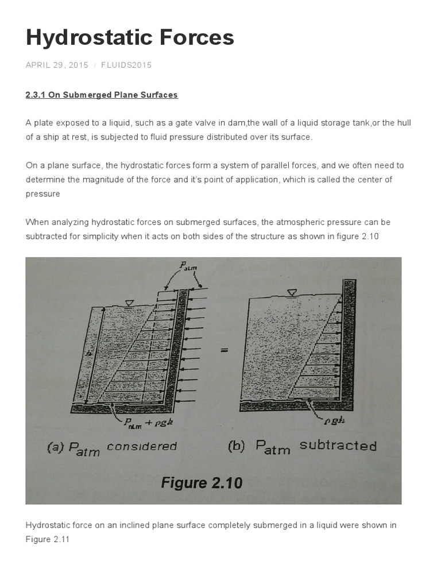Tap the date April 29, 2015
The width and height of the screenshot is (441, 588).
(57, 65)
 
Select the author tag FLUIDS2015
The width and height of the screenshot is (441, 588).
(126, 65)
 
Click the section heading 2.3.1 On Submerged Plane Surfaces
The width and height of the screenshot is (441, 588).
(102, 95)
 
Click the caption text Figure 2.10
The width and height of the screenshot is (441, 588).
(202, 483)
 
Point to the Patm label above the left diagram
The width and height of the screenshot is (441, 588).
(188, 266)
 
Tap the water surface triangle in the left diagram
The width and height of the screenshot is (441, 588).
(129, 303)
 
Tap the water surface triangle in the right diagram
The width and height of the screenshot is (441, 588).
(292, 293)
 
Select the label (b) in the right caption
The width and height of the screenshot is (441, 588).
(237, 446)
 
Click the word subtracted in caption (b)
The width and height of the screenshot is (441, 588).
(338, 446)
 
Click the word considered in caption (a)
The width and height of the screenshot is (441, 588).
(142, 447)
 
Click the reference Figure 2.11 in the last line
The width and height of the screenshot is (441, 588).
(48, 540)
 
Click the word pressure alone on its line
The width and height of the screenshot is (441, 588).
(42, 194)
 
